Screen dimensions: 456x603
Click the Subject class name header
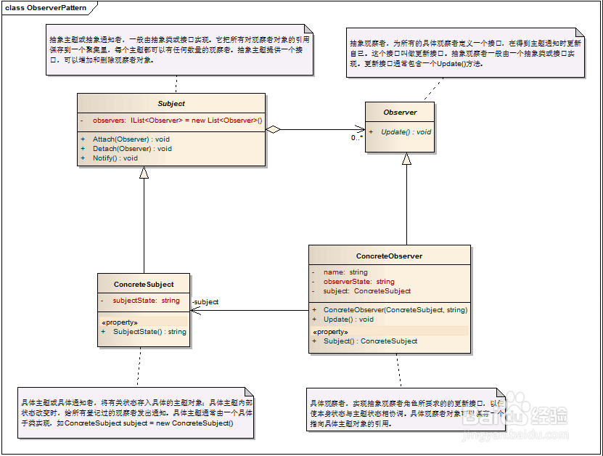pyautogui.click(x=171, y=104)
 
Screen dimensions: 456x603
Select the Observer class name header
pyautogui.click(x=400, y=113)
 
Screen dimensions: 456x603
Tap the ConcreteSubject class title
pyautogui.click(x=144, y=284)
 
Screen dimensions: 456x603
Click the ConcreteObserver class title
pyautogui.click(x=389, y=256)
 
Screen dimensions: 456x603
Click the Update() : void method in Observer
pyautogui.click(x=406, y=132)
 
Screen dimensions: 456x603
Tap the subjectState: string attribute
pyautogui.click(x=146, y=300)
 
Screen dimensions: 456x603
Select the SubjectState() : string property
pyautogui.click(x=149, y=331)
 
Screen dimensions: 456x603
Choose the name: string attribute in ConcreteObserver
pyautogui.click(x=345, y=272)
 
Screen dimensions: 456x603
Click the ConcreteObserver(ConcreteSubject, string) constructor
pyautogui.click(x=395, y=309)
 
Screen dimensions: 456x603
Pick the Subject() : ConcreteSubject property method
pyautogui.click(x=370, y=341)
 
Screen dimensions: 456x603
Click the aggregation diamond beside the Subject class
pyautogui.click(x=273, y=130)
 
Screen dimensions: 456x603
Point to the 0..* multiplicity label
pyautogui.click(x=356, y=138)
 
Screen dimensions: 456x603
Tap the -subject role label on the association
pyautogui.click(x=205, y=302)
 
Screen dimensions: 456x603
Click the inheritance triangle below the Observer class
pyautogui.click(x=406, y=159)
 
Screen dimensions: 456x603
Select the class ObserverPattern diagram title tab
pyautogui.click(x=46, y=8)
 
